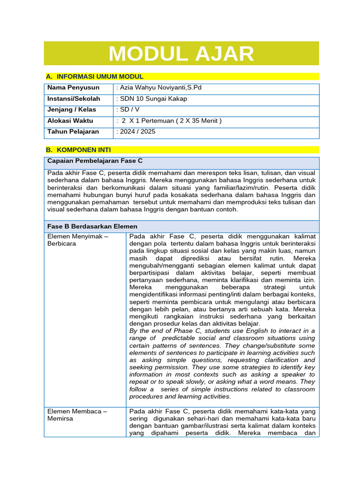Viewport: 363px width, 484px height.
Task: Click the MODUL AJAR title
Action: tap(181, 53)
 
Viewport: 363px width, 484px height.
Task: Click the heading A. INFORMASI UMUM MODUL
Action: tap(95, 77)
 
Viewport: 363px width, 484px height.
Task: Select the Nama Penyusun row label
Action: tap(73, 87)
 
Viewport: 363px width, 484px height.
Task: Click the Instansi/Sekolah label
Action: tap(74, 99)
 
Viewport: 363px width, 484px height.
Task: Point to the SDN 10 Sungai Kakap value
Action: tap(152, 99)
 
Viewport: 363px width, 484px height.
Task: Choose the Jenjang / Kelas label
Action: tap(71, 110)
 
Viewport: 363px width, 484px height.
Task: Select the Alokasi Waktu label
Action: tap(70, 121)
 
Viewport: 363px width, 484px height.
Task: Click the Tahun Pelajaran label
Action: tap(73, 131)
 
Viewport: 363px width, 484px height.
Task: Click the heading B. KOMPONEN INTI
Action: tap(78, 150)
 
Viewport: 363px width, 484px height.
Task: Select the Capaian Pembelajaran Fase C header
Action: tap(95, 161)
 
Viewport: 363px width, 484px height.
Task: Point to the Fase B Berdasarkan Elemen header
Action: tap(93, 226)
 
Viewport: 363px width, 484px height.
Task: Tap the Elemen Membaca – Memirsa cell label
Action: tap(77, 415)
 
